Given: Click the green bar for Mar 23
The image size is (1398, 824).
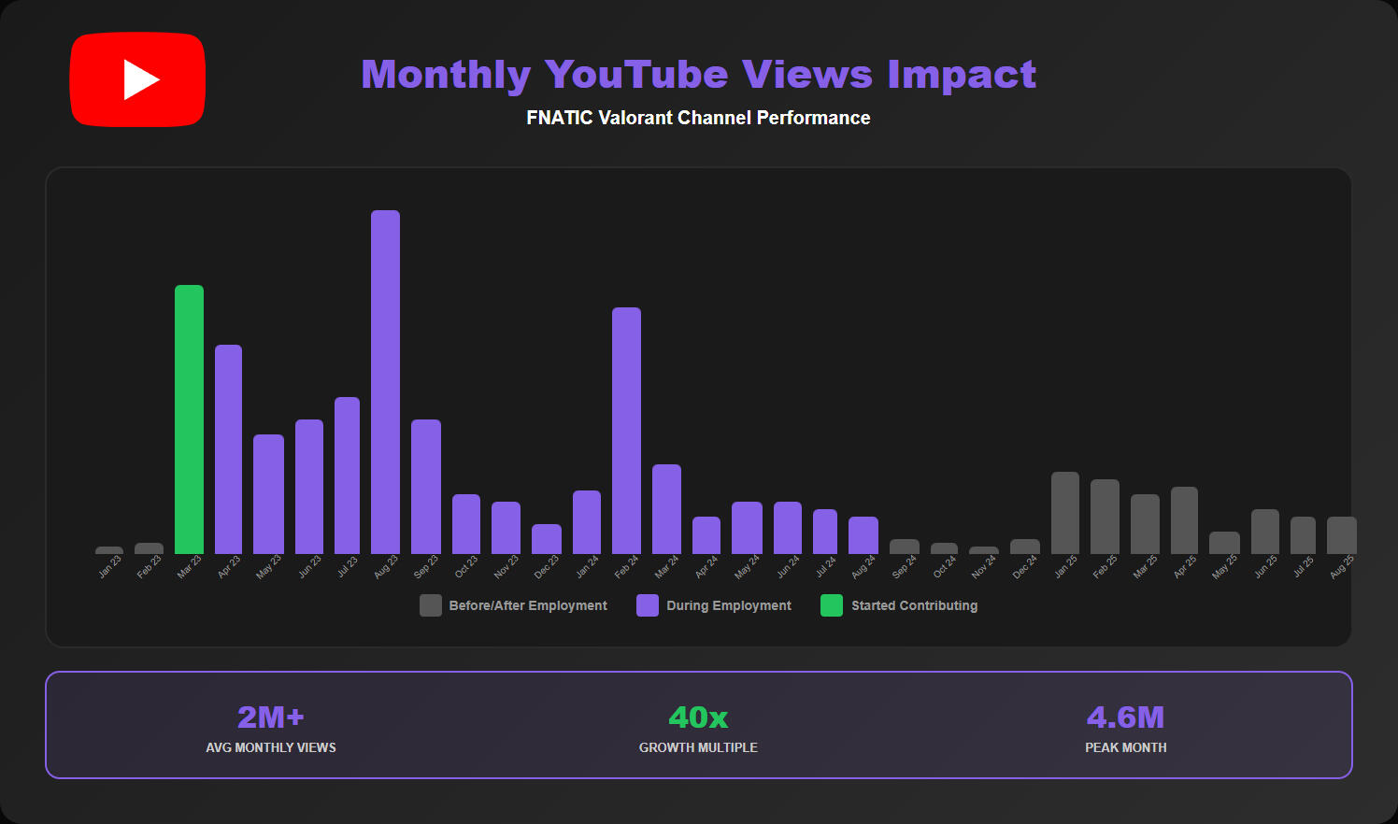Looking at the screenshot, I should coord(189,419).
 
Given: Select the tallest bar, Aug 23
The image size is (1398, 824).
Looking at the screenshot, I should coord(385,382).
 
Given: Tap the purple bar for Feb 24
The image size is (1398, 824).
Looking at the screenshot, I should coord(626,431).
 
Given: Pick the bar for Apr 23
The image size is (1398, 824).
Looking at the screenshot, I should coord(228,449).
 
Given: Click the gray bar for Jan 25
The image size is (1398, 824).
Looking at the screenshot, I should coord(1064,513).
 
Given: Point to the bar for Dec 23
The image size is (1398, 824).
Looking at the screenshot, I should coord(547,539).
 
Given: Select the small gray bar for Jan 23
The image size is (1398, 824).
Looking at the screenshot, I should coord(109,550).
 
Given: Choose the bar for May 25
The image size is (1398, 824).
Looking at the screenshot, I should coord(1224,543).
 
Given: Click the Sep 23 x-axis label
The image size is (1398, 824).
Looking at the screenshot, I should coord(426,566).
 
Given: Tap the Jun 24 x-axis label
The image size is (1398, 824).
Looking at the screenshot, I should coord(789,566).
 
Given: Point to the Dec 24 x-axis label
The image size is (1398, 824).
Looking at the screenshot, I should coord(1024,566).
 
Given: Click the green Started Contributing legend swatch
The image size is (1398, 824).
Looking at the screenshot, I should coord(832,605).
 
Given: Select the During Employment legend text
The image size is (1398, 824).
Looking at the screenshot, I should coord(729,605).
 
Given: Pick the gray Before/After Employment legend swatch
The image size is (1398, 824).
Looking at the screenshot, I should coord(431,605).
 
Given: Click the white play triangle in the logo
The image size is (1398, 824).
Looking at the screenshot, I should coord(140,79).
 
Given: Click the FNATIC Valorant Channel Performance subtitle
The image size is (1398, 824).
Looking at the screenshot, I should coord(698,118).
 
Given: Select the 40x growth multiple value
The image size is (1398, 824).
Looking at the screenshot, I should coord(698,717).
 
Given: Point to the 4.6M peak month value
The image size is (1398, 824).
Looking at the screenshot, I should coord(1125,717).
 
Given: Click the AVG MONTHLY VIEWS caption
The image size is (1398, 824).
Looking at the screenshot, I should coord(271,747).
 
